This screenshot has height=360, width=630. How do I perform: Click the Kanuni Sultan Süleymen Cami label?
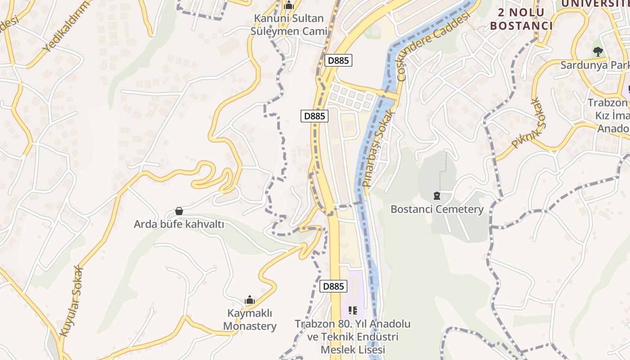click(x=289, y=25)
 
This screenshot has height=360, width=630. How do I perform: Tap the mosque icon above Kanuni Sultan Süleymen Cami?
click(x=289, y=6)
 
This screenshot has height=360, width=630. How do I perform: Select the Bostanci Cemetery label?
click(x=437, y=209)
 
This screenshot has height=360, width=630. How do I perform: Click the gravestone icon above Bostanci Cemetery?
click(x=436, y=196)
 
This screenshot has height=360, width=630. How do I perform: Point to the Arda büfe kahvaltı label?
click(x=179, y=224)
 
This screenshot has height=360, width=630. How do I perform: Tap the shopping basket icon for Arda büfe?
click(x=179, y=211)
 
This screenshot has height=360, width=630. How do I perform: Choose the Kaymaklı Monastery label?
click(x=250, y=319)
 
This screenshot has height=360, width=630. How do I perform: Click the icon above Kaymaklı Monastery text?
click(x=250, y=300)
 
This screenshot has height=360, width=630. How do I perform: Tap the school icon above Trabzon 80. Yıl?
click(x=353, y=310)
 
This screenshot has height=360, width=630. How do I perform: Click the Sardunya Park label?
click(x=594, y=65)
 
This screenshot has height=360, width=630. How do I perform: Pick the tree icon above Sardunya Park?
click(x=598, y=52)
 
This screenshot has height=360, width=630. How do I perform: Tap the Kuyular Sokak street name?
click(x=72, y=301)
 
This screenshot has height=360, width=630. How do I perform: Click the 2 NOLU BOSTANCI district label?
click(x=521, y=19)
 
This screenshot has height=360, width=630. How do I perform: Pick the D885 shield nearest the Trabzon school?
click(x=333, y=286)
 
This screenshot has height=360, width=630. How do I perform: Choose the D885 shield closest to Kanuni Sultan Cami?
click(x=338, y=60)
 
